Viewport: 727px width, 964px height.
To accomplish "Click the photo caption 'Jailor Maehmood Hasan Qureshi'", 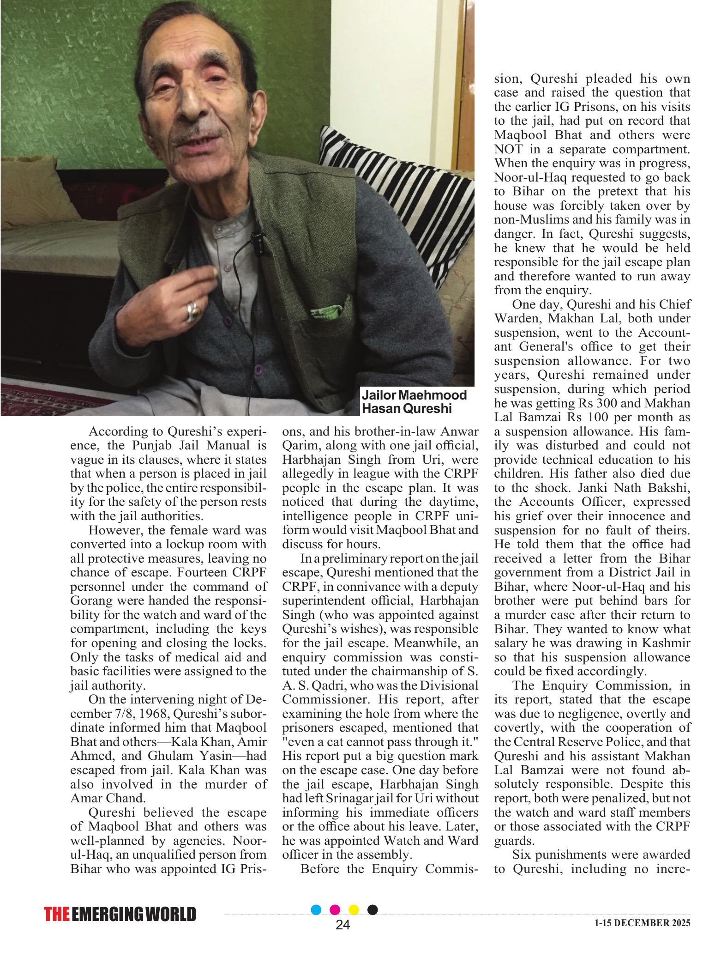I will click(414, 401).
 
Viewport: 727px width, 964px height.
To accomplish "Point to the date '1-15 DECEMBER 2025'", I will click(642, 936).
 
